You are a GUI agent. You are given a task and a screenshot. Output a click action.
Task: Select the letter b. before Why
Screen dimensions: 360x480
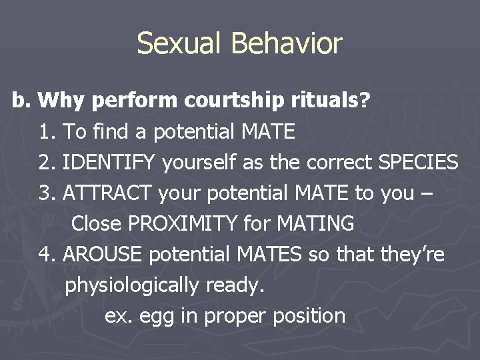[x=21, y=101]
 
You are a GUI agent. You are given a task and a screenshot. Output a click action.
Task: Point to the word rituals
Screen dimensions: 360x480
[x=325, y=101]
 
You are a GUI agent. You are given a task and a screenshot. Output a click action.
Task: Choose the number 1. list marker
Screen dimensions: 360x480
[x=47, y=132]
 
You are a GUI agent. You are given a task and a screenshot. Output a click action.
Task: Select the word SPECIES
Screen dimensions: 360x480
[x=418, y=163]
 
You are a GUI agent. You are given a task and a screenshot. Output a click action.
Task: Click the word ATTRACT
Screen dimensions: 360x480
[x=109, y=193]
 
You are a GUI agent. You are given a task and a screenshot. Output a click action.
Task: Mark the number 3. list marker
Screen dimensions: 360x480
[x=47, y=193]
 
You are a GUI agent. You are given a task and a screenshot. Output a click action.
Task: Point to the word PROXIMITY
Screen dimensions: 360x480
[x=187, y=224]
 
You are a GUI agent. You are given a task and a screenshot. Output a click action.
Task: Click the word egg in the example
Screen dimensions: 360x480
[x=159, y=317]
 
